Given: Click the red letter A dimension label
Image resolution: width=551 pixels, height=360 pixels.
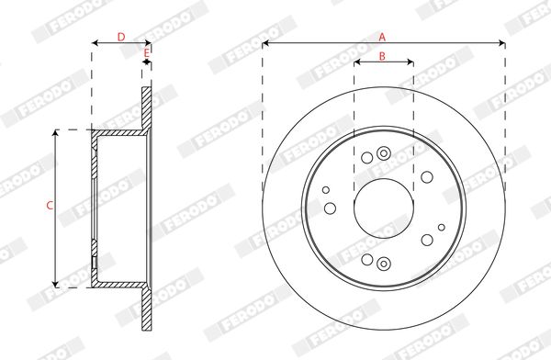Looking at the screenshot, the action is [382, 37].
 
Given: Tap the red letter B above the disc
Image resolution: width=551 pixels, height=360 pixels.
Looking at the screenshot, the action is [382, 56].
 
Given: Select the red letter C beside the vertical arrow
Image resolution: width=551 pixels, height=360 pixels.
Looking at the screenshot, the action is [50, 206].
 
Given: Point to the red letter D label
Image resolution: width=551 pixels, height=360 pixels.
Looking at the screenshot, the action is [121, 37].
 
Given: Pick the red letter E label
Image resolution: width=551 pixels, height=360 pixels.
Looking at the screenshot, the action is [147, 53].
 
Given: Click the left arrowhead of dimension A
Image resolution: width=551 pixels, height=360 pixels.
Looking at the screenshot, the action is [265, 43].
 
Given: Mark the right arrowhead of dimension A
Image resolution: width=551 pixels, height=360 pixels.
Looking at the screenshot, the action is [501, 43].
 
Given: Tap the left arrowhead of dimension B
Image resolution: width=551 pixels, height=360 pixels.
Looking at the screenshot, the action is [357, 62].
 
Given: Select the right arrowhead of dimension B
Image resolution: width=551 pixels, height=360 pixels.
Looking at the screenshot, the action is [410, 62].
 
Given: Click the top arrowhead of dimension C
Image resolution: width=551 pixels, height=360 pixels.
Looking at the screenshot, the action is [55, 133].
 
